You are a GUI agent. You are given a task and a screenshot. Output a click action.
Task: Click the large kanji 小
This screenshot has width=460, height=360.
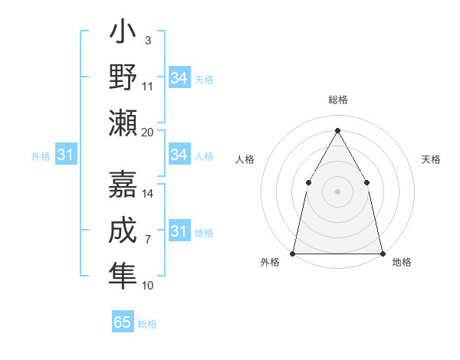[123, 34]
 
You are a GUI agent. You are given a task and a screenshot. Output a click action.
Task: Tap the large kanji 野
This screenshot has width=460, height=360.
[123, 77]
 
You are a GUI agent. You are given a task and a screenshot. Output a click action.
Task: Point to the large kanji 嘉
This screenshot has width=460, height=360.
[123, 184]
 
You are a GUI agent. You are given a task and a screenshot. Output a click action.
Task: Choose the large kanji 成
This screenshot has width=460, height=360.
[123, 230]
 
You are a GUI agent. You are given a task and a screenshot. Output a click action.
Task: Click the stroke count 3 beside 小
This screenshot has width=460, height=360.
[147, 41]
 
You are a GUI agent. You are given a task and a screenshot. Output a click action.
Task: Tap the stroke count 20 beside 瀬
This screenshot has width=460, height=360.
[148, 132]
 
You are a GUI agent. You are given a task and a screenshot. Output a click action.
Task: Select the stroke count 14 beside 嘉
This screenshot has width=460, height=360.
[148, 194]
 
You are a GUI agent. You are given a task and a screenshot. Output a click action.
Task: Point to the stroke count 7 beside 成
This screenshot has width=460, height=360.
[147, 240]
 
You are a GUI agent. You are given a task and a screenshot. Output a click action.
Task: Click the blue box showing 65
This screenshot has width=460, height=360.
[123, 322]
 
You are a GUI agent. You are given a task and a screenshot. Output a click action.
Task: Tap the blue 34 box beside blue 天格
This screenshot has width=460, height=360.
[179, 78]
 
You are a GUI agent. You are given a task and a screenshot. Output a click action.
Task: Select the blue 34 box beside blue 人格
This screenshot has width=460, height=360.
[179, 155]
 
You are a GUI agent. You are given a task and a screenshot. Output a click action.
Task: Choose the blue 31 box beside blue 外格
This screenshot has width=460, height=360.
[65, 155]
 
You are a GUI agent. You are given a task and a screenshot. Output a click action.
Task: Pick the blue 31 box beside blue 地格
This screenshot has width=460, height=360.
[179, 231]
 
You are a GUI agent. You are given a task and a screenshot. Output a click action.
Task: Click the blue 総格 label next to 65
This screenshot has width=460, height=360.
[147, 324]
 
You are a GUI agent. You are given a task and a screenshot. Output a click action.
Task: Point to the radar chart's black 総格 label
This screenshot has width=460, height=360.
[337, 100]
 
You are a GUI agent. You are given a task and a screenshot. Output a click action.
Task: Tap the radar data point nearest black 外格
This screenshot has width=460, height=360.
[293, 253]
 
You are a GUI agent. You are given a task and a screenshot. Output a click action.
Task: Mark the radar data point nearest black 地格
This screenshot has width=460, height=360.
[382, 253]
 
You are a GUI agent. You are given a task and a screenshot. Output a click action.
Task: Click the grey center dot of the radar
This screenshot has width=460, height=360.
[337, 191]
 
